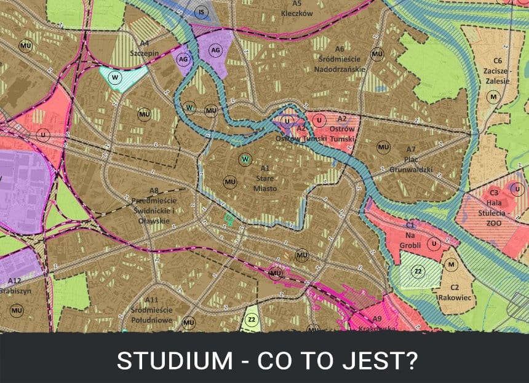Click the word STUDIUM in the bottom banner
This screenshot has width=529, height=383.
pyautogui.click(x=161, y=360)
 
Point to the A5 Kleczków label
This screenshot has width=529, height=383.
pyautogui.click(x=297, y=8)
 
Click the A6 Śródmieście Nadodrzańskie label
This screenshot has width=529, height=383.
pyautogui.click(x=341, y=59)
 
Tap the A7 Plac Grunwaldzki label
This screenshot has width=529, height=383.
pyautogui.click(x=411, y=159)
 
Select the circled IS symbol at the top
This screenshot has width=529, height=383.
pyautogui.click(x=201, y=12)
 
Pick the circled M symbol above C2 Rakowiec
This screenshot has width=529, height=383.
pyautogui.click(x=452, y=264)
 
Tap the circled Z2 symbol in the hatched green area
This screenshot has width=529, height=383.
pyautogui.click(x=417, y=271)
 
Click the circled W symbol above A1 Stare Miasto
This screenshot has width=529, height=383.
pyautogui.click(x=245, y=159)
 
